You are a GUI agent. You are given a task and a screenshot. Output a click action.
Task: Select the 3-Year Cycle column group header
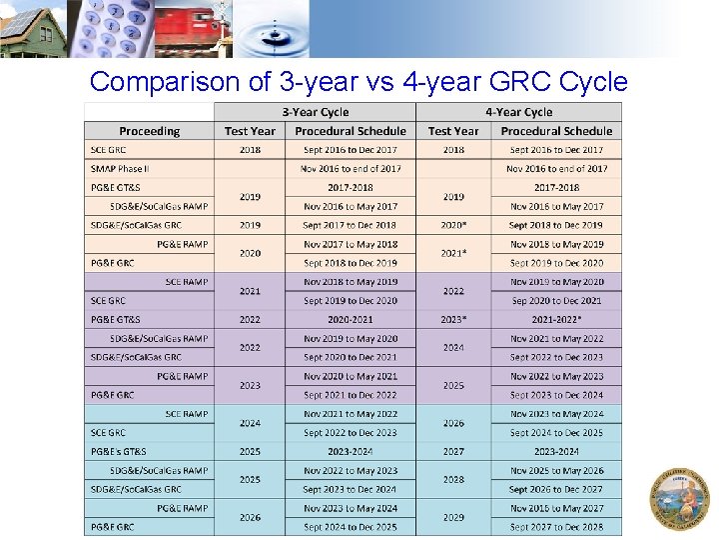pyautogui.click(x=316, y=112)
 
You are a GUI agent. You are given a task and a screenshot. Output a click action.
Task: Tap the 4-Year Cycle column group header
pyautogui.click(x=518, y=112)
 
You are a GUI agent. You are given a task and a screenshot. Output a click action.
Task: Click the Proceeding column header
pyautogui.click(x=150, y=131)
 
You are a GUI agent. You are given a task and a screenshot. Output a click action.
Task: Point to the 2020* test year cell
pyautogui.click(x=453, y=226)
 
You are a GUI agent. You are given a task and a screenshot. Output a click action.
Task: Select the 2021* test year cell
pyautogui.click(x=453, y=254)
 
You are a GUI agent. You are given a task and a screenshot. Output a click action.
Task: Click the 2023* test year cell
pyautogui.click(x=453, y=320)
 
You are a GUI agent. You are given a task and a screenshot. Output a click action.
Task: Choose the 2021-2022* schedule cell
pyautogui.click(x=556, y=320)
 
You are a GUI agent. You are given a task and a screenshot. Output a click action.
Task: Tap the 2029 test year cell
pyautogui.click(x=453, y=517)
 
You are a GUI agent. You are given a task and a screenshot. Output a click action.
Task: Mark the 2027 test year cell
pyautogui.click(x=453, y=452)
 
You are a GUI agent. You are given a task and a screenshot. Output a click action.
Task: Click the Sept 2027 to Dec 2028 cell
pyautogui.click(x=556, y=527)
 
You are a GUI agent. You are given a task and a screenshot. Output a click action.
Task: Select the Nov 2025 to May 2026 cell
pyautogui.click(x=556, y=471)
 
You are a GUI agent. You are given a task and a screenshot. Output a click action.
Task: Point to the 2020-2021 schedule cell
pyautogui.click(x=351, y=320)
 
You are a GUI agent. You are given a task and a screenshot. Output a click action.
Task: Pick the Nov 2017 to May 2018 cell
pyautogui.click(x=351, y=244)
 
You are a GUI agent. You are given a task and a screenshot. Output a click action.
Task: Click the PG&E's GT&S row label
pyautogui.click(x=119, y=452)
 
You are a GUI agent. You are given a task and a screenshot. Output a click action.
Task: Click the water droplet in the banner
pyautogui.click(x=275, y=28)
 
